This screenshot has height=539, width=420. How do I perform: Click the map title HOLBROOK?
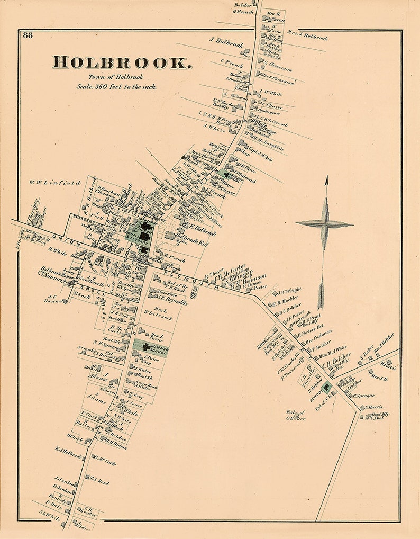click(x=122, y=62)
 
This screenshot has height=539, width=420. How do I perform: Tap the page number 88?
click(x=28, y=35)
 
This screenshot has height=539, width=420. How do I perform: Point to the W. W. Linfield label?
click(x=56, y=183)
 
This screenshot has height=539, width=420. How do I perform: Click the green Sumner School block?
click(x=150, y=347)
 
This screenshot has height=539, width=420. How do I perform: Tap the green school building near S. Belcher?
click(x=328, y=388)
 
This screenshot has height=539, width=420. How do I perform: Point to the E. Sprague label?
click(x=363, y=396)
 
